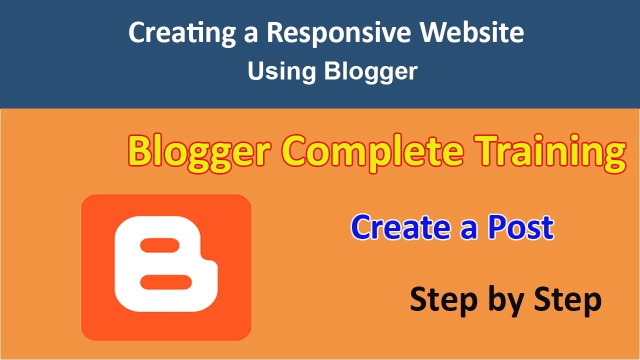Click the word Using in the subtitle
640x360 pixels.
click(281, 71)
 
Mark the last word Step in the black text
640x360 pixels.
click(567, 300)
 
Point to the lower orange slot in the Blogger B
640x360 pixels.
click(166, 282)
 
